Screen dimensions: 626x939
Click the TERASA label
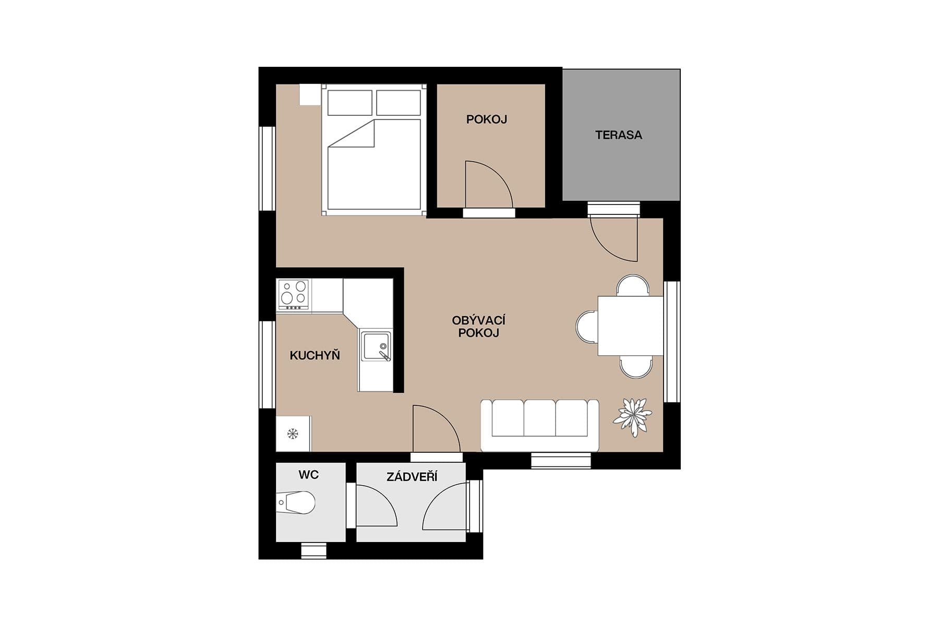point(618,135)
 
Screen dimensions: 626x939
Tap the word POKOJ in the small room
point(486,119)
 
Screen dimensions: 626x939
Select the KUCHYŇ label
point(315,356)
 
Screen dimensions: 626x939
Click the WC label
point(308,475)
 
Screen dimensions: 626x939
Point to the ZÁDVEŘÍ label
point(412,477)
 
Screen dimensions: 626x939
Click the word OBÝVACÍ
point(478,320)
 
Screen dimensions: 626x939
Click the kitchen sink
point(376,345)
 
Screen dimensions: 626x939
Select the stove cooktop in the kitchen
point(293,293)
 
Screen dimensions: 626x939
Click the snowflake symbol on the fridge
point(293,434)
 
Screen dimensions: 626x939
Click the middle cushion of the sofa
point(539,418)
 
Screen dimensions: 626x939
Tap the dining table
point(630,326)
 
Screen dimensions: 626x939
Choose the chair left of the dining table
point(587,327)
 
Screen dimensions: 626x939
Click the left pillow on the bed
point(350,103)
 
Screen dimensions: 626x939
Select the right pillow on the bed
point(399,103)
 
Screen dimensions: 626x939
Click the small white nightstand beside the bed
point(309,94)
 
